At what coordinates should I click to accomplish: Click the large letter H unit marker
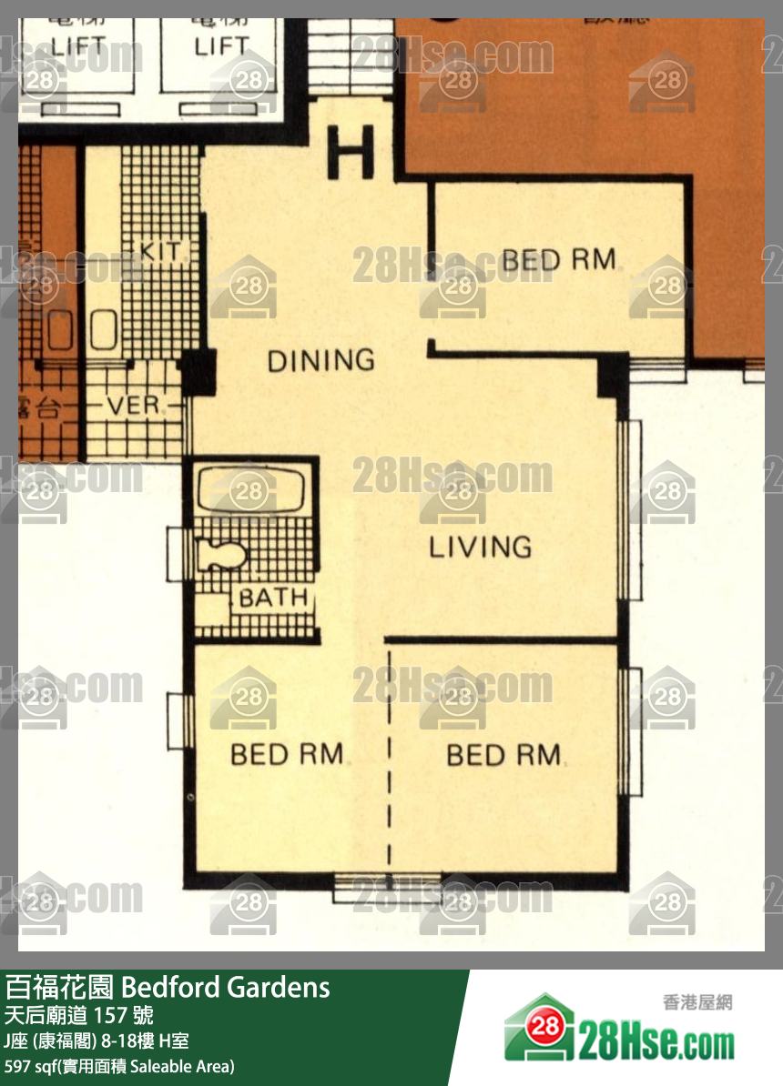[x=351, y=152]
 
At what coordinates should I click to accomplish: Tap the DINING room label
[x=320, y=361]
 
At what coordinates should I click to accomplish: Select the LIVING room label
[x=480, y=547]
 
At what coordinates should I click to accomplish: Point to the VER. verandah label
[x=134, y=406]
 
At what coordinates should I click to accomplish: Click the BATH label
[x=272, y=598]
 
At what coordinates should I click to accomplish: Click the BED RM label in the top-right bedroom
[x=558, y=260]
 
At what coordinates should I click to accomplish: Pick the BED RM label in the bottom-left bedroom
[x=287, y=754]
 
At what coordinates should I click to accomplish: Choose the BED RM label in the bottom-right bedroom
[x=503, y=755]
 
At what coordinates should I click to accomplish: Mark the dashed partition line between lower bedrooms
[x=390, y=755]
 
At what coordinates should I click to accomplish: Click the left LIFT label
[x=77, y=45]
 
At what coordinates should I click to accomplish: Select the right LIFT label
[x=221, y=45]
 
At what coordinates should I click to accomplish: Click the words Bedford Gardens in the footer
[x=225, y=987]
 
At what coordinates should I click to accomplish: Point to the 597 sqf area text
[x=118, y=1066]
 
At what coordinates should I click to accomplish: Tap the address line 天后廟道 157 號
[x=79, y=1015]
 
